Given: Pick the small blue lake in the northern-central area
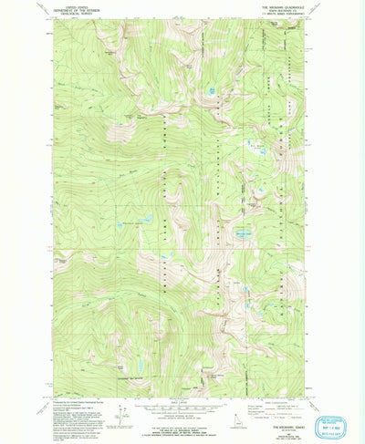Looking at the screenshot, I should [213, 90].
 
